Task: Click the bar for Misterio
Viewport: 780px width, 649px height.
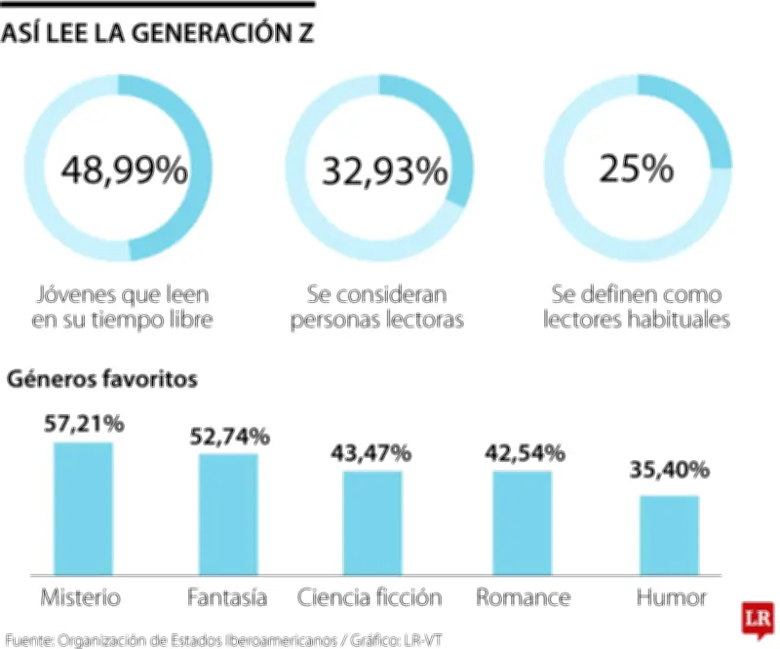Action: (83, 508)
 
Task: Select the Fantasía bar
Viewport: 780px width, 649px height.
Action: (228, 514)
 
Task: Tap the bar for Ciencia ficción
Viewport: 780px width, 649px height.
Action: (371, 522)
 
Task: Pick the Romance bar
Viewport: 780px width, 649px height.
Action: (523, 522)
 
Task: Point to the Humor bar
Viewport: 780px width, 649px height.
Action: (669, 535)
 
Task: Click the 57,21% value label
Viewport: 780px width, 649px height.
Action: (83, 424)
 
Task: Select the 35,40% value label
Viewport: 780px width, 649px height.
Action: (669, 472)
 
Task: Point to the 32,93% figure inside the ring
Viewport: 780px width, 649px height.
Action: (384, 172)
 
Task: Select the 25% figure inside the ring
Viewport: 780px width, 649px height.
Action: (637, 170)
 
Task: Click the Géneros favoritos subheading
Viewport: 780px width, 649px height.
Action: (102, 379)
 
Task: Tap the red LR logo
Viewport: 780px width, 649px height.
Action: (757, 616)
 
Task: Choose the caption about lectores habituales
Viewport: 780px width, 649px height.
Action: (637, 306)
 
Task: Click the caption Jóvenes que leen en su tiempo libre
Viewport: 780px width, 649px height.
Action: (123, 306)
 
